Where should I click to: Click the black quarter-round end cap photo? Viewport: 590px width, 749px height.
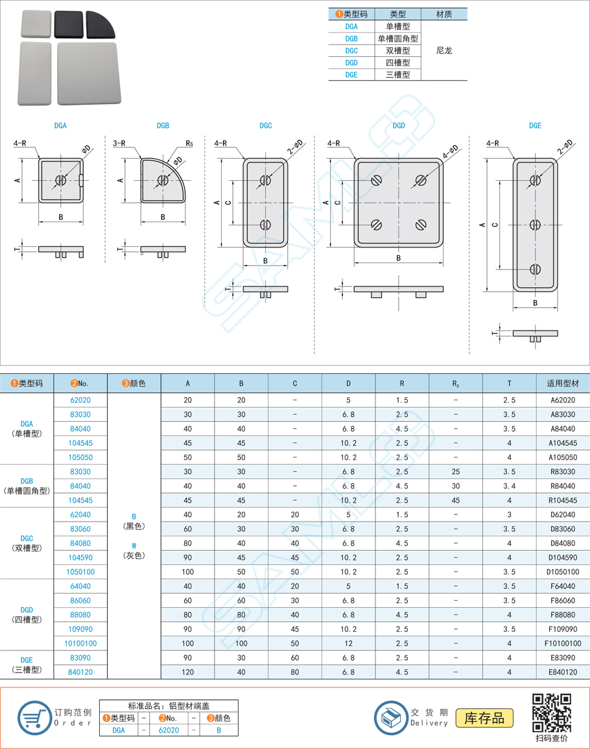[x=100, y=24]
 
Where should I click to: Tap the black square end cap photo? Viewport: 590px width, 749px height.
[x=68, y=24]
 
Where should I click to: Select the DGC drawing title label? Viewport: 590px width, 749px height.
[x=265, y=126]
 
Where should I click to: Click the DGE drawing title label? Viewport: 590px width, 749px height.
[x=535, y=126]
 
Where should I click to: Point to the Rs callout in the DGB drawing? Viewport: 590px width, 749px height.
[x=189, y=143]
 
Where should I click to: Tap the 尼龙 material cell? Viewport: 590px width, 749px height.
[x=444, y=51]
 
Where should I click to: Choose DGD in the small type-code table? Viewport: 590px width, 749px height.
[x=351, y=63]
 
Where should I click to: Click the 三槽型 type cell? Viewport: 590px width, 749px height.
[x=397, y=75]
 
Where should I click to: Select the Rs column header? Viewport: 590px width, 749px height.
[x=456, y=384]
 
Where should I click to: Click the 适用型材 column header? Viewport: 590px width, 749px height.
[x=562, y=384]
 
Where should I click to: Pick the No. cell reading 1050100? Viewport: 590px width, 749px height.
[x=80, y=571]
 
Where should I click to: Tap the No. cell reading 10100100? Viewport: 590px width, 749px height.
[x=80, y=643]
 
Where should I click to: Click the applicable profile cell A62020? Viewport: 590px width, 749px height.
[x=562, y=400]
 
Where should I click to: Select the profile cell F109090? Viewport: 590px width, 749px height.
[x=562, y=629]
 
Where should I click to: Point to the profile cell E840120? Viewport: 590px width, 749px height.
[x=562, y=672]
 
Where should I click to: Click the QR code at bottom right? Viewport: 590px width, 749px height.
[x=552, y=713]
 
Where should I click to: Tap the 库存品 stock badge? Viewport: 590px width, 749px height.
[x=485, y=718]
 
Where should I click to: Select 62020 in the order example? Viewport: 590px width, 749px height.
[x=169, y=730]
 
